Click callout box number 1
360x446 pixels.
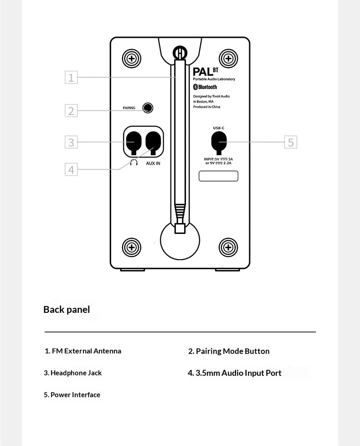tap(71, 77)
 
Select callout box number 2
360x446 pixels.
tap(71, 111)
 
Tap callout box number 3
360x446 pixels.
tap(71, 142)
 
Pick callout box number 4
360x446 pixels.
tap(71, 169)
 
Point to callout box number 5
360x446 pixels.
tap(291, 142)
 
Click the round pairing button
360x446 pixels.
tap(148, 108)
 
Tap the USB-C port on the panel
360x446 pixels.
tap(219, 143)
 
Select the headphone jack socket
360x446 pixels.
tap(134, 143)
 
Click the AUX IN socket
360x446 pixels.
tap(153, 143)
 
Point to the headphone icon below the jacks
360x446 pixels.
tap(134, 163)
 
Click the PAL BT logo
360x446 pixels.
tap(206, 72)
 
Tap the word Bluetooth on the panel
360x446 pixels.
tap(207, 87)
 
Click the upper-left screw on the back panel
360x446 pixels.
tap(132, 58)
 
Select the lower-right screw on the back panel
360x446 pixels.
tap(228, 247)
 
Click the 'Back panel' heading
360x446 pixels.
tap(67, 310)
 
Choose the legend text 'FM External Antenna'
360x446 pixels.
tap(87, 351)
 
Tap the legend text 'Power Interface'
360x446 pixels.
tap(75, 395)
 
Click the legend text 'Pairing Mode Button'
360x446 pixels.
tap(233, 351)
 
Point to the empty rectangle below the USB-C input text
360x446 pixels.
tap(218, 176)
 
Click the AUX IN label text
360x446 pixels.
tap(153, 163)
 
